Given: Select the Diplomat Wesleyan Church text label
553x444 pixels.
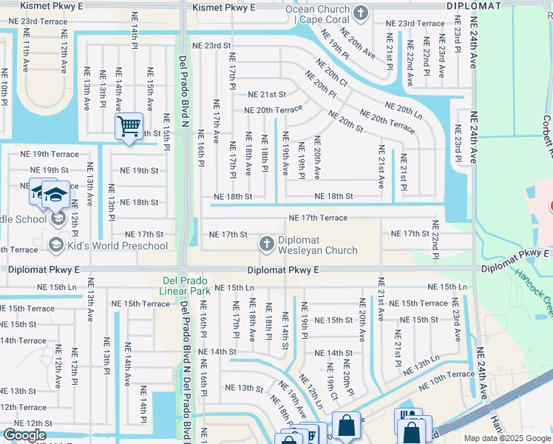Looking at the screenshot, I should (x=317, y=246).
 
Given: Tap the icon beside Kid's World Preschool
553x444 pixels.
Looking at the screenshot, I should (x=55, y=244).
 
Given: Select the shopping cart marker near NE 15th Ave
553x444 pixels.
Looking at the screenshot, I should (x=129, y=127).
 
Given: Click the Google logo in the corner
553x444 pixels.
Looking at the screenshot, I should (x=24, y=435).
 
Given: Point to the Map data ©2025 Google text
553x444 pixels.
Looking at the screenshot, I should (x=507, y=438).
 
